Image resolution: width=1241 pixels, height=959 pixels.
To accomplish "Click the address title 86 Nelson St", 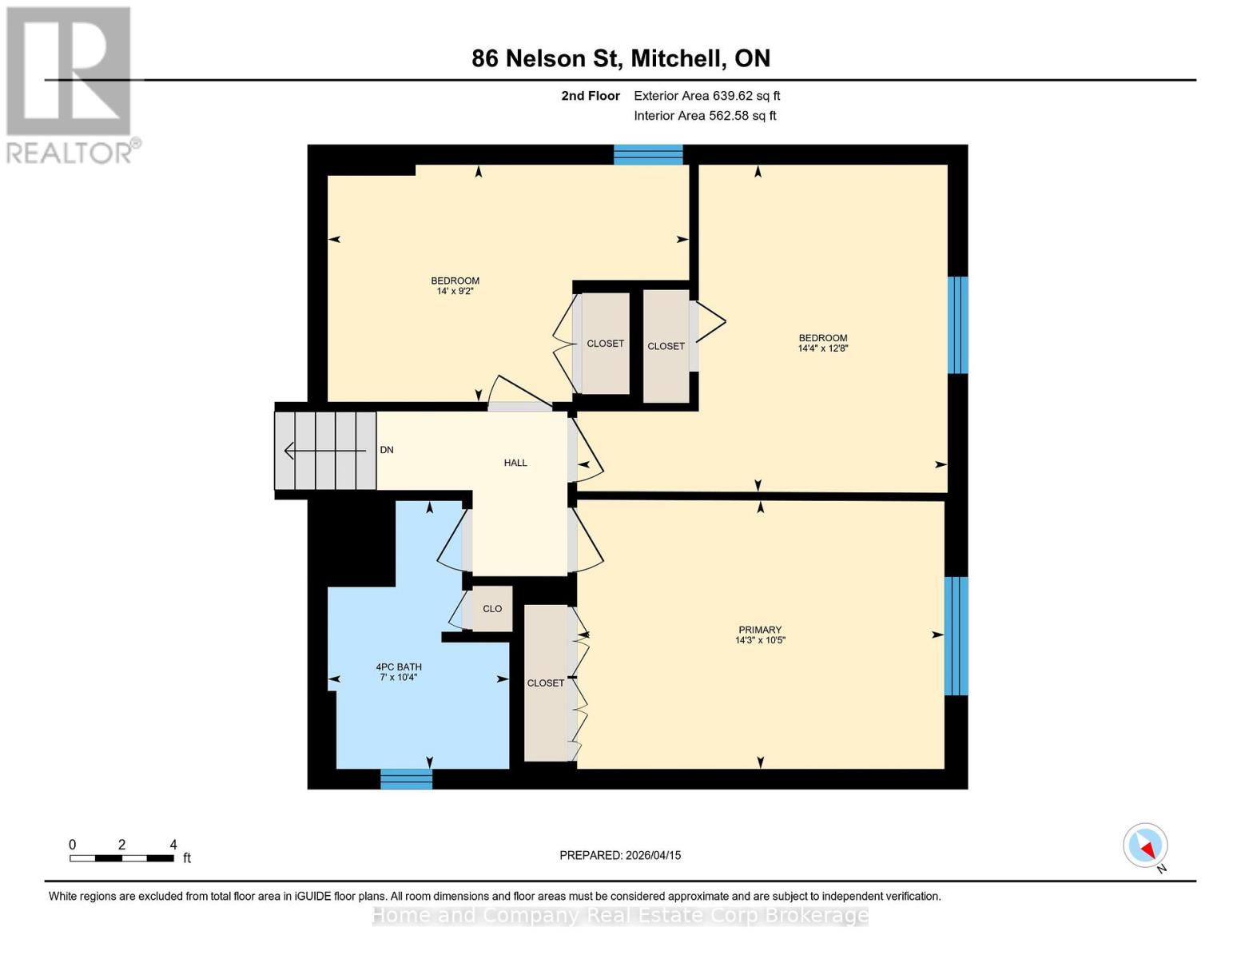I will click(x=620, y=58).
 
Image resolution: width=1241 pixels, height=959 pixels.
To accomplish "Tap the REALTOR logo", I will click(x=70, y=84).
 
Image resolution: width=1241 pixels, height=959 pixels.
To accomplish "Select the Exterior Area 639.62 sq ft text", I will click(x=706, y=96).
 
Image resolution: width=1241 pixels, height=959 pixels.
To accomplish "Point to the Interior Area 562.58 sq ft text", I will click(x=705, y=116).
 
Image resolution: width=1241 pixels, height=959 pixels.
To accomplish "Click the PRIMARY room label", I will click(x=760, y=630).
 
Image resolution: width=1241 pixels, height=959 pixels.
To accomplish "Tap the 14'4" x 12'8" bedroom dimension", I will click(x=822, y=348).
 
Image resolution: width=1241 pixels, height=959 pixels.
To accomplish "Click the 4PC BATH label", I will click(x=399, y=667).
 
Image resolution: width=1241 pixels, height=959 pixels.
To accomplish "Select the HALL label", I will click(x=515, y=463).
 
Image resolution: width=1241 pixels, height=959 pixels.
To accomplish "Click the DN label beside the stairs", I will click(x=387, y=450).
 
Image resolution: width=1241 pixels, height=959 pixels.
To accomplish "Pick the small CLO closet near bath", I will click(x=492, y=609).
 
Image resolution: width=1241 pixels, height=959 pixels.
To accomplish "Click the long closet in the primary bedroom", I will click(x=546, y=682).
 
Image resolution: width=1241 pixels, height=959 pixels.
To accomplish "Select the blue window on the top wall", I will click(x=648, y=154).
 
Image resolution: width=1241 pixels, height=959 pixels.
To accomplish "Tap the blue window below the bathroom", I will click(x=406, y=778).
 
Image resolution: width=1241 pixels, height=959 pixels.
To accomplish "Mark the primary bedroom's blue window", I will click(x=956, y=636).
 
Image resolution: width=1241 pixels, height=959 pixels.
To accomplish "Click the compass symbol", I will click(x=1145, y=846).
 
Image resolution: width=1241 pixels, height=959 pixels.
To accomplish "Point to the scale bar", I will click(x=121, y=858).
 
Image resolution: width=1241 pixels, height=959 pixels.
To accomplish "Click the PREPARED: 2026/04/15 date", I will click(x=620, y=855).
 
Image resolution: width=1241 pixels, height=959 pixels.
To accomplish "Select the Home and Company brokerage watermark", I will click(x=620, y=916).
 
